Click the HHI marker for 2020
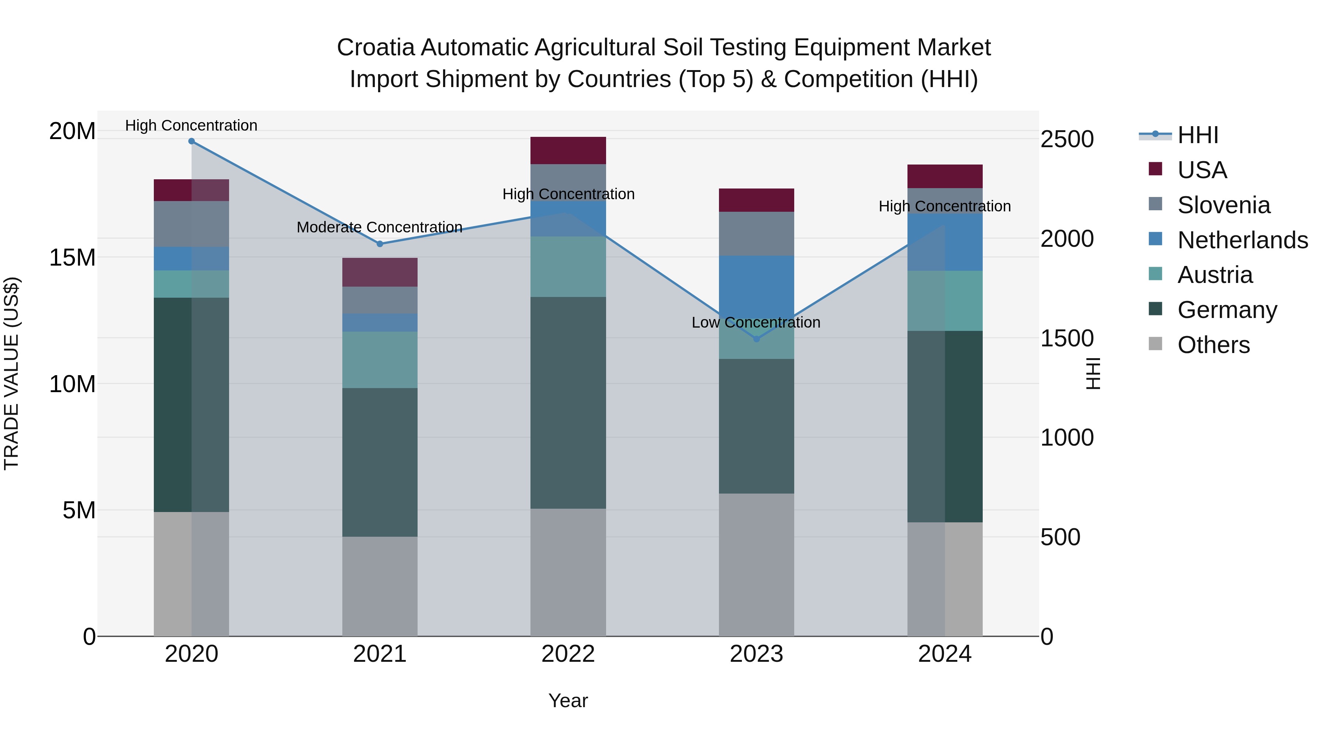191,141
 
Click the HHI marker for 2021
380,244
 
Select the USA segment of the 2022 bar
568,151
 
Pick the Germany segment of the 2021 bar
380,463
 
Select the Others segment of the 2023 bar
756,564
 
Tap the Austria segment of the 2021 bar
380,360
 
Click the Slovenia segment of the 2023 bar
756,234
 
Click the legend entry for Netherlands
1242,240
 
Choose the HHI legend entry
1197,135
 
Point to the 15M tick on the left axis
72,257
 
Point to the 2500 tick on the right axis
1066,139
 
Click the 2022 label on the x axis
568,654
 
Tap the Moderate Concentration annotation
380,227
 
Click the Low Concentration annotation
756,323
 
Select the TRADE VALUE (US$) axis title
11,373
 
